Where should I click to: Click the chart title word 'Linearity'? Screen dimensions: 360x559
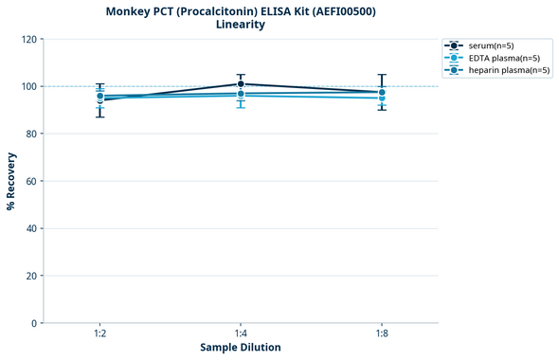click(x=241, y=25)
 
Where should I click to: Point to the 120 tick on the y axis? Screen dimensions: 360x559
click(x=29, y=39)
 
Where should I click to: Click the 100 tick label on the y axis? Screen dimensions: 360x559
click(x=29, y=86)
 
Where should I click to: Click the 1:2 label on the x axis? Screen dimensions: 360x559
click(x=99, y=333)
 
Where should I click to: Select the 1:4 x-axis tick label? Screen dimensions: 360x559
click(x=241, y=333)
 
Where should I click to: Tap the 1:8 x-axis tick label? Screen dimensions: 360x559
click(x=381, y=333)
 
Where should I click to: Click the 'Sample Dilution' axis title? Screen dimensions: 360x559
click(x=241, y=348)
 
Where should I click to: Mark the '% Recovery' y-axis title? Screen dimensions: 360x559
click(x=11, y=181)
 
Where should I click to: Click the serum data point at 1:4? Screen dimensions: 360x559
click(x=241, y=84)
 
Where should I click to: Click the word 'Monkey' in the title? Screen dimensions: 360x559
click(x=132, y=11)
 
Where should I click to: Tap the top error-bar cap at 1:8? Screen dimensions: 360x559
click(x=381, y=75)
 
